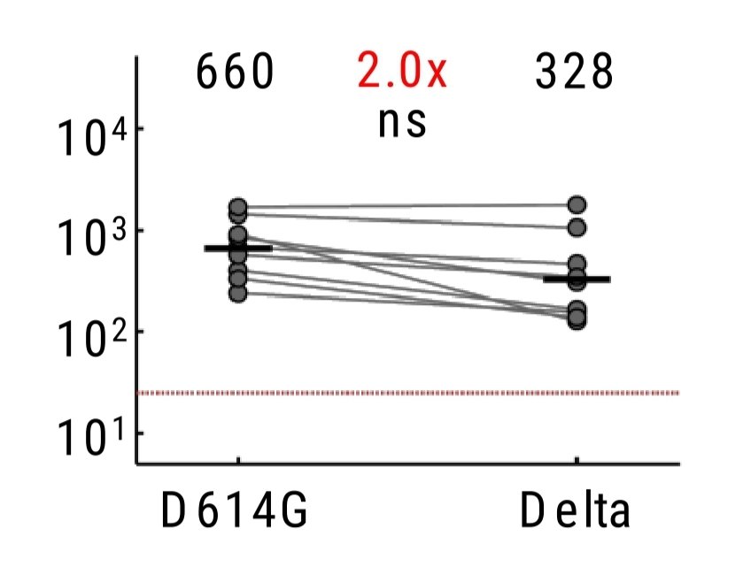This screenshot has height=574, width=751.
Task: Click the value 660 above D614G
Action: coord(235,72)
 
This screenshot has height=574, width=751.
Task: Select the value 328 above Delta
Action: coord(574,72)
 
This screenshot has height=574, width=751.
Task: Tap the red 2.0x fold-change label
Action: coord(402,72)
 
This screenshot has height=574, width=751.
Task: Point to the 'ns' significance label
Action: coord(402,123)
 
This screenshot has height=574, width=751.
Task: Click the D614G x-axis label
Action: coord(234,510)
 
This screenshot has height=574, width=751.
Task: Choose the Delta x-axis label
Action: coord(575,510)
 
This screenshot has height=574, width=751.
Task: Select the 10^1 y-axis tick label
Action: coord(90,440)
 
